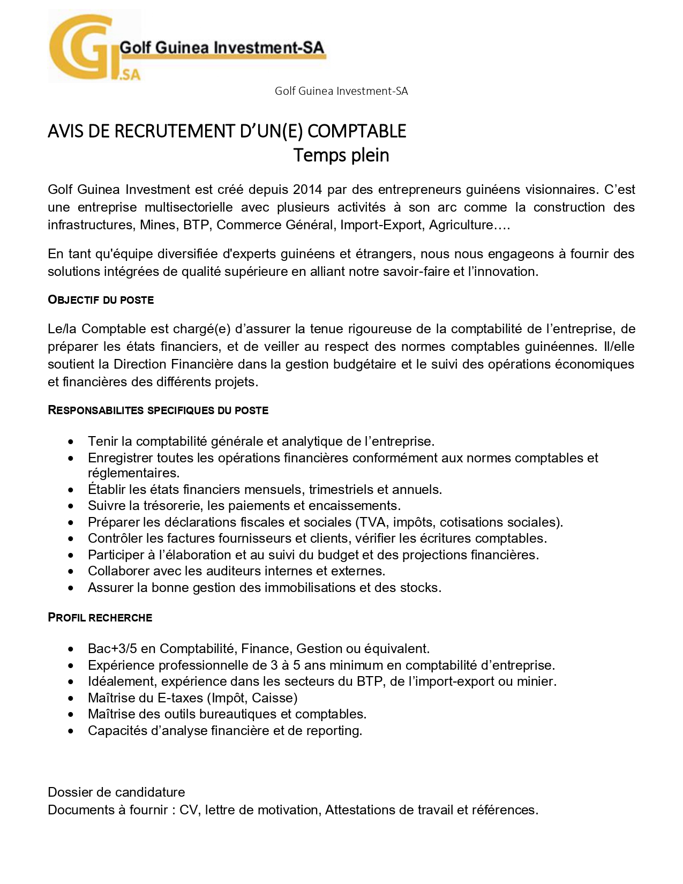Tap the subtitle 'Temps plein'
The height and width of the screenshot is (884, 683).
coord(341,155)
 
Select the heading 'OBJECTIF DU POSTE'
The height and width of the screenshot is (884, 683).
coord(101,300)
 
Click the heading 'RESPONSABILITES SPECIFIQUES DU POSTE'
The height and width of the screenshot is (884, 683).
coord(158,410)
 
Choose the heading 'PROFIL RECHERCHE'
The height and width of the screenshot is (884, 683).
coord(100,618)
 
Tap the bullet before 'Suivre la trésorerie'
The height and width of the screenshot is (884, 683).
coord(71,506)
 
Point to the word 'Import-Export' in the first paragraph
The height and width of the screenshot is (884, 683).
coord(381,225)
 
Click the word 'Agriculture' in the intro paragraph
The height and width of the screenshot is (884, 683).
coord(461,225)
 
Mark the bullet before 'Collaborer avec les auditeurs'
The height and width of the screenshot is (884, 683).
coord(71,572)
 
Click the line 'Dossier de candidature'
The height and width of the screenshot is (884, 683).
coord(116,792)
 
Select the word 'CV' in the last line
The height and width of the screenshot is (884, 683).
coord(189,810)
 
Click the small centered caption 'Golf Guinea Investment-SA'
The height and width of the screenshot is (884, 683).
coord(341,91)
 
